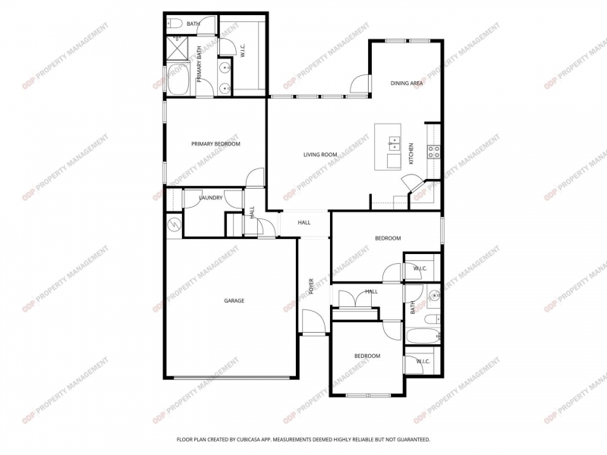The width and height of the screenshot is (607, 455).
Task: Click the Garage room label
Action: [234, 300]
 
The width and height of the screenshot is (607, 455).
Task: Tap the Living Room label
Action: [320, 155]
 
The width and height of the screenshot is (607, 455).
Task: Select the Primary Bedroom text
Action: [215, 144]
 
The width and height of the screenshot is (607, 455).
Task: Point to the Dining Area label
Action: [407, 83]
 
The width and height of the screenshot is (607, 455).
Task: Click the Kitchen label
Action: [411, 154]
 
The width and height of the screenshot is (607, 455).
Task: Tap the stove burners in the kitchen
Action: [433, 152]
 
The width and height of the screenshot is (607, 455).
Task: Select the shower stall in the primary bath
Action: [178, 49]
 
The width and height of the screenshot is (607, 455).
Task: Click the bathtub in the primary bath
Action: [178, 79]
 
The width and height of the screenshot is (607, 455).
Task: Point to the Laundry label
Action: [211, 198]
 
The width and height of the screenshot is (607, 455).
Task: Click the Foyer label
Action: [311, 287]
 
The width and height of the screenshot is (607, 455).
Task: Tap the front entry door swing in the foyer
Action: [313, 321]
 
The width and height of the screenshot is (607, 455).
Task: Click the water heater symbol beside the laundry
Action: [175, 224]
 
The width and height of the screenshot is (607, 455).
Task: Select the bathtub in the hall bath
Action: [423, 336]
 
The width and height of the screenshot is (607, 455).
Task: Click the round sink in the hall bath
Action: [435, 297]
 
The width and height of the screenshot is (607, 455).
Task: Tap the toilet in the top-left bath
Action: [175, 24]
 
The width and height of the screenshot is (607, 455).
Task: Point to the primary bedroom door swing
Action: [255, 177]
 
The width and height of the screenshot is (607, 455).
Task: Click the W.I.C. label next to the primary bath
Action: [243, 50]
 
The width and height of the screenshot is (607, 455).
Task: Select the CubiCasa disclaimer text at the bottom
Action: [303, 440]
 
